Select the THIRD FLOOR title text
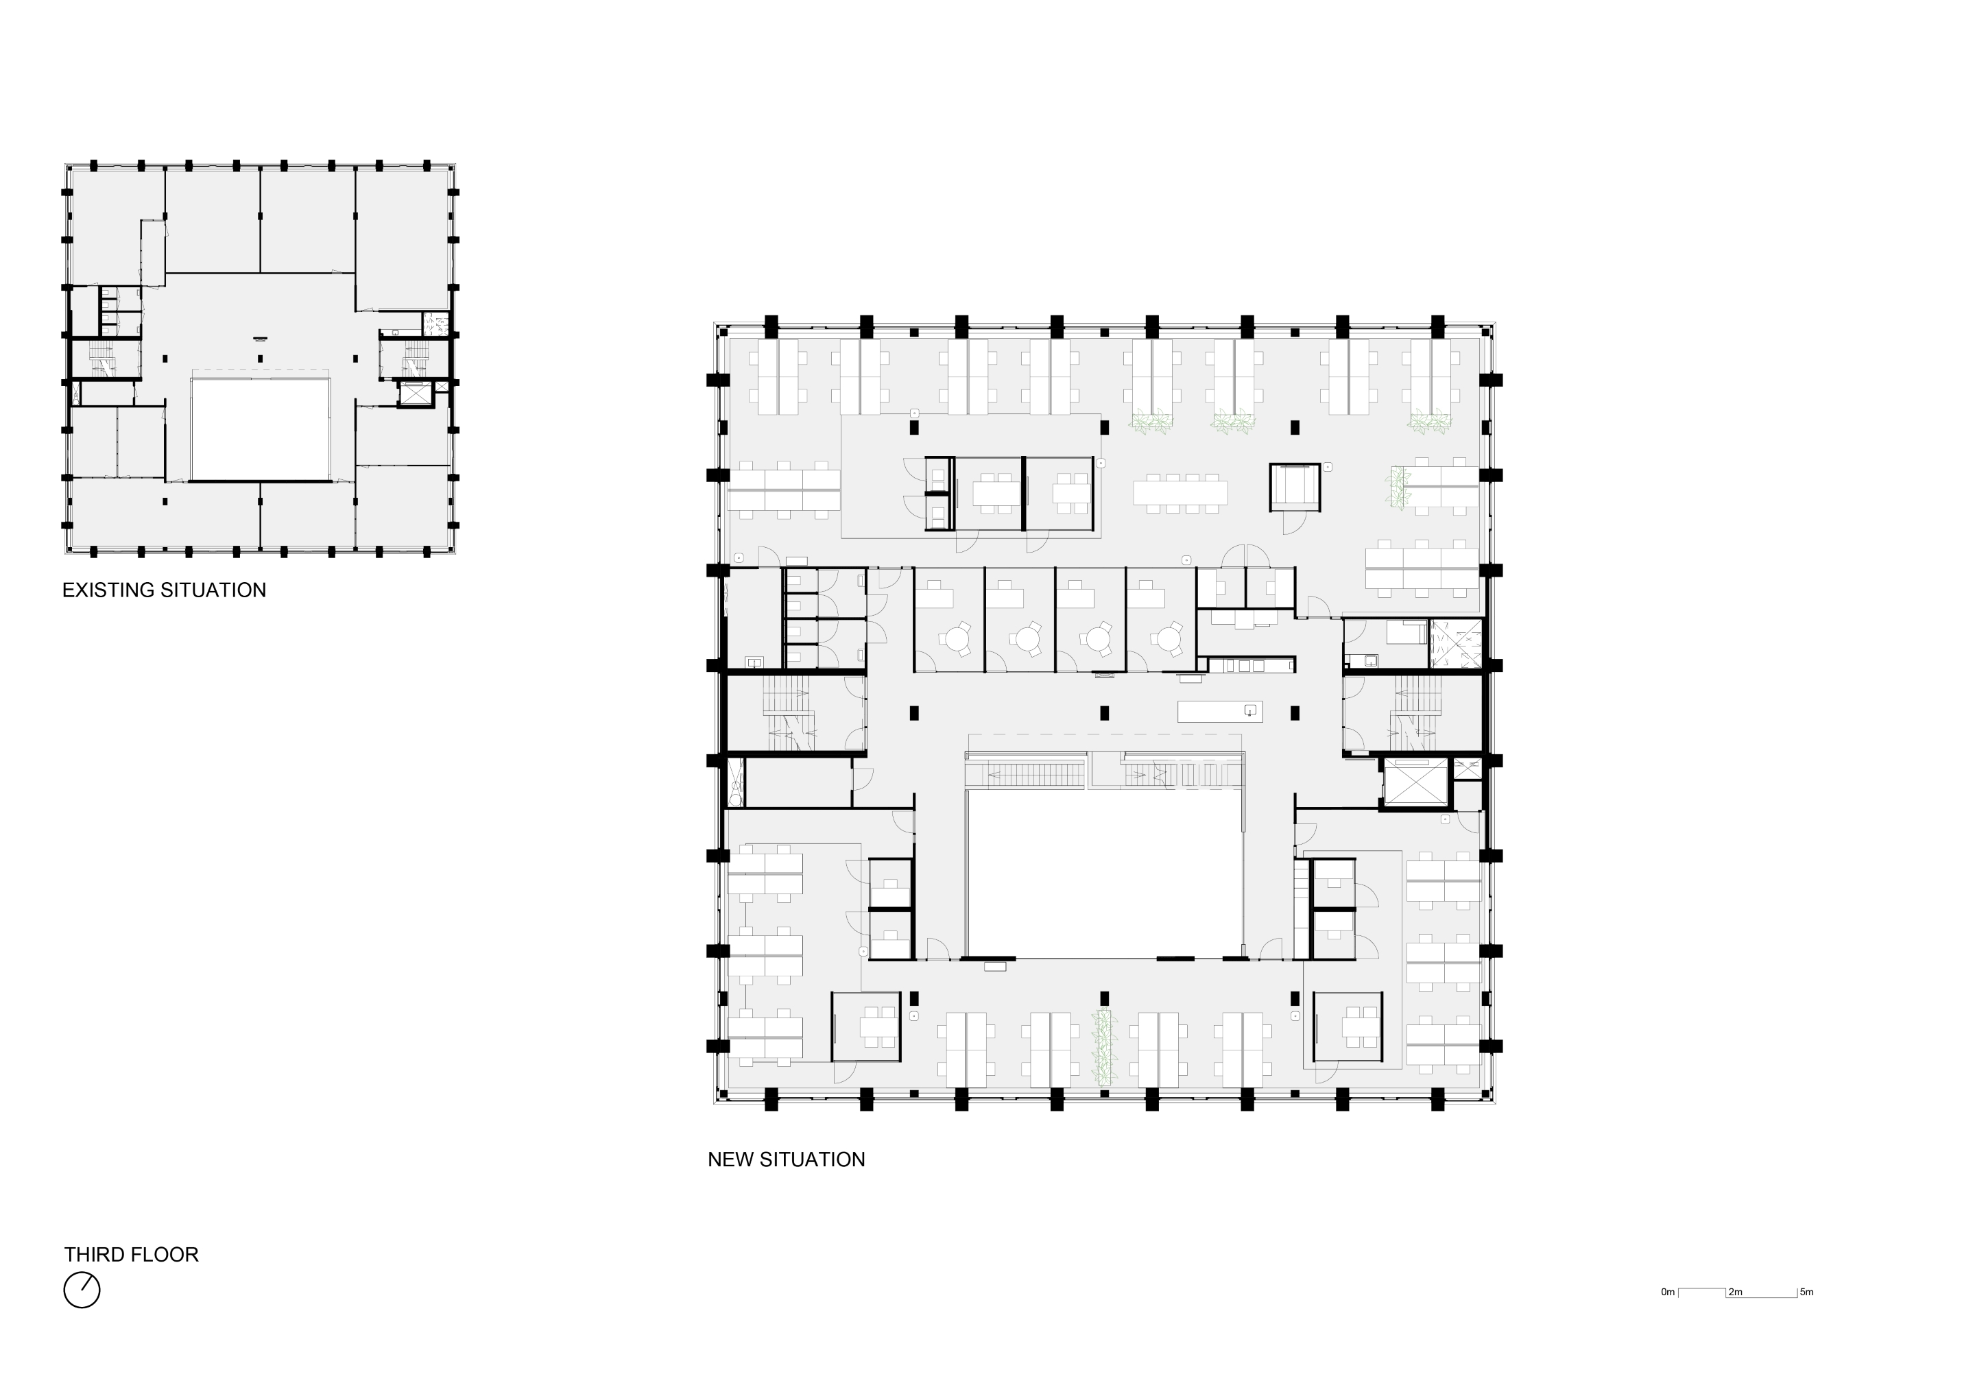131,1255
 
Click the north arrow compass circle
82,1290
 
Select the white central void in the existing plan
261,429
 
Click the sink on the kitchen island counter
1251,710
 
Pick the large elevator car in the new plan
1415,783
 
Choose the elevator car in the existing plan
416,395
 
